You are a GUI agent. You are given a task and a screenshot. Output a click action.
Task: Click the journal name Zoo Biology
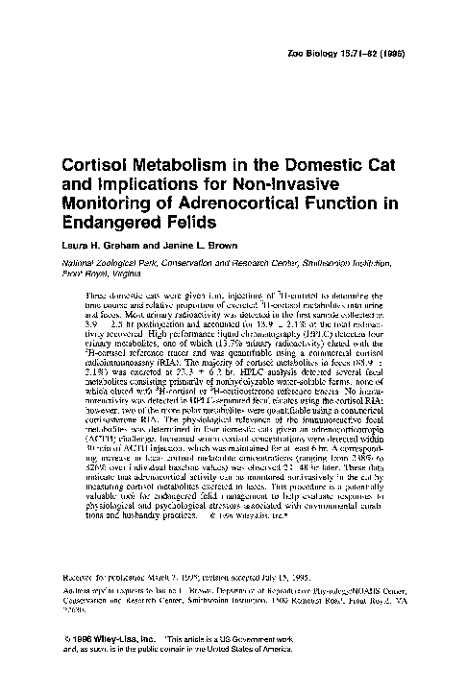(344, 59)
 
